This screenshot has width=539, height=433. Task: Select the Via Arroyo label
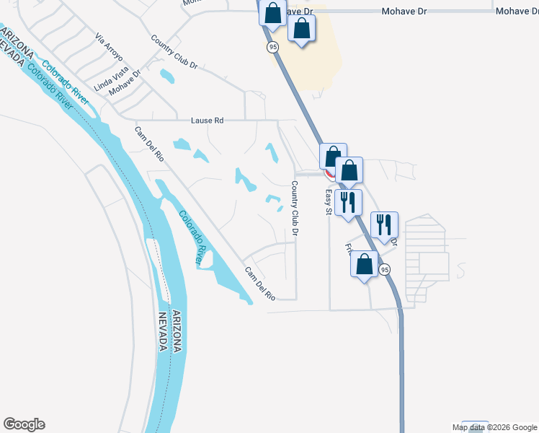(x=109, y=45)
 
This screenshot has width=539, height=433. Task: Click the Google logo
(x=24, y=424)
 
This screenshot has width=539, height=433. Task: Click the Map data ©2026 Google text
(x=495, y=427)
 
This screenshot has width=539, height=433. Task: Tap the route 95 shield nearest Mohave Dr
(x=272, y=47)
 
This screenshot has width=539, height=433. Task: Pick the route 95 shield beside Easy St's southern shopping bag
(x=386, y=269)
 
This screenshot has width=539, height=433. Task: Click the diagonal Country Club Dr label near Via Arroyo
(x=174, y=53)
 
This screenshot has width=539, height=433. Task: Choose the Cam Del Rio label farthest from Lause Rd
(x=260, y=284)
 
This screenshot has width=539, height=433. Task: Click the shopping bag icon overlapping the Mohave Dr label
(x=272, y=13)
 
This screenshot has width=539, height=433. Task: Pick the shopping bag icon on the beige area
(x=301, y=29)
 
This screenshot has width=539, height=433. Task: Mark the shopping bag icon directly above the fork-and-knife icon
(x=349, y=170)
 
